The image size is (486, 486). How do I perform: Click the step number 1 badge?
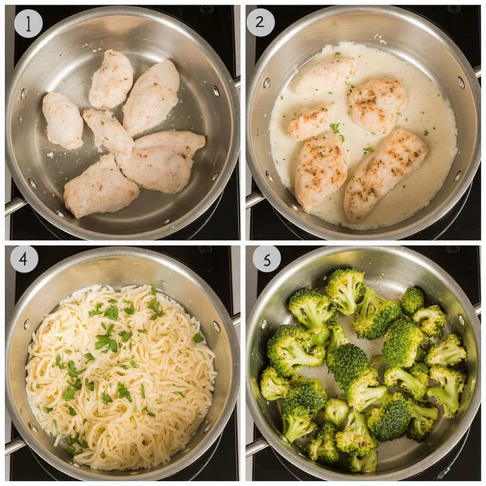click(28, 23)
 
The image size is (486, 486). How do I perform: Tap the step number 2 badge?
click(261, 23)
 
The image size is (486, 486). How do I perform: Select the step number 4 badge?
click(24, 259)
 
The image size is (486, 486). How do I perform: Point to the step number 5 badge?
click(266, 259)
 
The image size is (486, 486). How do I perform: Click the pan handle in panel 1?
click(14, 206)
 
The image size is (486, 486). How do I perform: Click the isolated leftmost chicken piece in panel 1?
click(63, 120)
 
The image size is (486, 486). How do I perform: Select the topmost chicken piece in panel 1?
click(111, 79)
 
